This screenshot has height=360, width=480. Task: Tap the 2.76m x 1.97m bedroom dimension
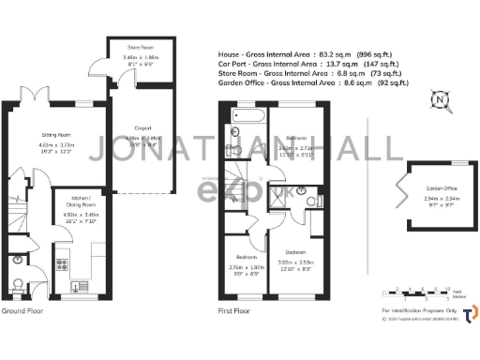click(248, 267)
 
